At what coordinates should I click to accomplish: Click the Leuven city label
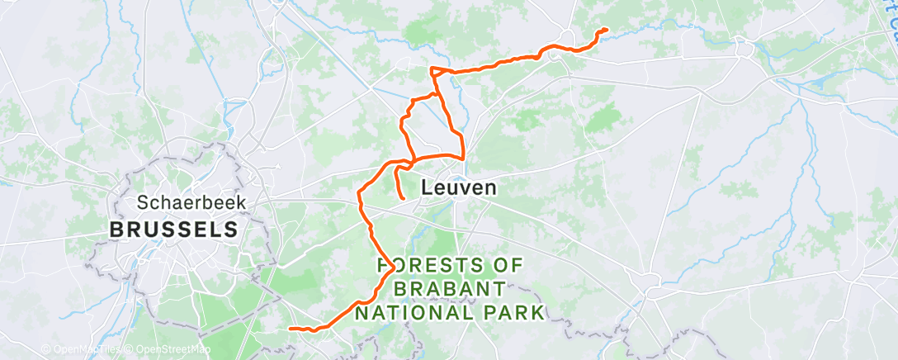tap(459, 187)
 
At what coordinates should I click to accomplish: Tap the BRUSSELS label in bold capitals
tap(174, 229)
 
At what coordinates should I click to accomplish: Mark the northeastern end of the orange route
tap(607, 30)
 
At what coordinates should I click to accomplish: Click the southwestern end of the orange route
tap(291, 329)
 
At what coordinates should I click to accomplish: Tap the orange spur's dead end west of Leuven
tap(402, 199)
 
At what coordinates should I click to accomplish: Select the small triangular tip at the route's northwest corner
tap(432, 69)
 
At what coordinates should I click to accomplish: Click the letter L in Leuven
tap(426, 187)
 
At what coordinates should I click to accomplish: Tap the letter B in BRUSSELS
tap(116, 229)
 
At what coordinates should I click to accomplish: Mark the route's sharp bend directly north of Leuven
tap(462, 156)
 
